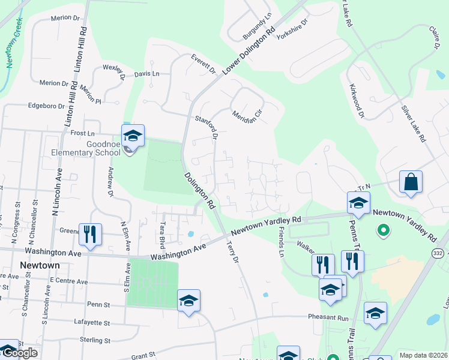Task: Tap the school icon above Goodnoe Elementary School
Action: [133, 135]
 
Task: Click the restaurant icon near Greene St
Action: [90, 235]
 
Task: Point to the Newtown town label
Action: [40, 265]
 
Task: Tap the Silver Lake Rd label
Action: [414, 124]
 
